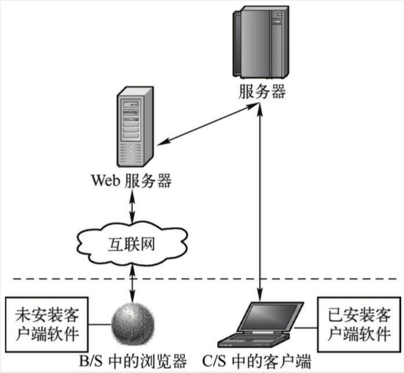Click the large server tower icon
(260, 43)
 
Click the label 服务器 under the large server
(262, 92)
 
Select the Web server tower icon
(135, 128)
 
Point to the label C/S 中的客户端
(257, 362)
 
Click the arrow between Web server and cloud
(132, 206)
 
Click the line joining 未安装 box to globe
(100, 324)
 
